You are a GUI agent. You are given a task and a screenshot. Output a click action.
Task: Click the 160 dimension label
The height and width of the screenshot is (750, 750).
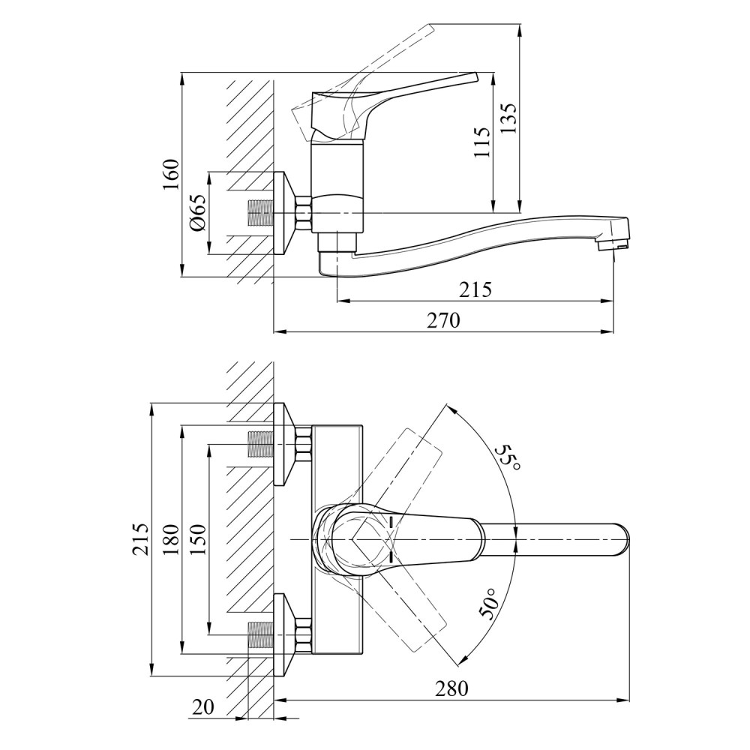[x=172, y=174]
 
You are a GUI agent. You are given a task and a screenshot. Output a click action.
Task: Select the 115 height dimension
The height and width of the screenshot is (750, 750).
[x=481, y=142]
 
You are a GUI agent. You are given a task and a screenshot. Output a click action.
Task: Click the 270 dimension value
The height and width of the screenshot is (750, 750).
[x=443, y=320]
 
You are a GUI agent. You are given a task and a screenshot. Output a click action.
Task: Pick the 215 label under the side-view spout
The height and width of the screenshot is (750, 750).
[x=475, y=289]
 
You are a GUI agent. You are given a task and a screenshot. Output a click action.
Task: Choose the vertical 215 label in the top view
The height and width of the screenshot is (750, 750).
[x=140, y=539]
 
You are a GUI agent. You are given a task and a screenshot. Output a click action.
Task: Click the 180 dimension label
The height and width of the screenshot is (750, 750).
[x=171, y=539]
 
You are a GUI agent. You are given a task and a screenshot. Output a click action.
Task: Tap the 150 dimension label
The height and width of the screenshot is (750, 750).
[x=197, y=539]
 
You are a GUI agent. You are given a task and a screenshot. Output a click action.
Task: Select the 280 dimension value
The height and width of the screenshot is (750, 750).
[x=451, y=688]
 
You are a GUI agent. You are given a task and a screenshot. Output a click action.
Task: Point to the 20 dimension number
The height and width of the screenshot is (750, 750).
[x=203, y=706]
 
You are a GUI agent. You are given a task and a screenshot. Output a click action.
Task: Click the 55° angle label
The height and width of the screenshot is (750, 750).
[x=508, y=457]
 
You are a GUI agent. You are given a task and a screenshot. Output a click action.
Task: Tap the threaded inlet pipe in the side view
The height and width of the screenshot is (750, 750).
[x=260, y=212]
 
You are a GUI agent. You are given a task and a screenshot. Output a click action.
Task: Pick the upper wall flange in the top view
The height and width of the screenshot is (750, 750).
[x=284, y=444]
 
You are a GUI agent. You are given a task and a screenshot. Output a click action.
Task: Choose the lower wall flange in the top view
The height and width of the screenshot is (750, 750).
[x=284, y=634]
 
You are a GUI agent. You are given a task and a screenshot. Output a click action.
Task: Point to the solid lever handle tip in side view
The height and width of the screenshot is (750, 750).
[x=473, y=77]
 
